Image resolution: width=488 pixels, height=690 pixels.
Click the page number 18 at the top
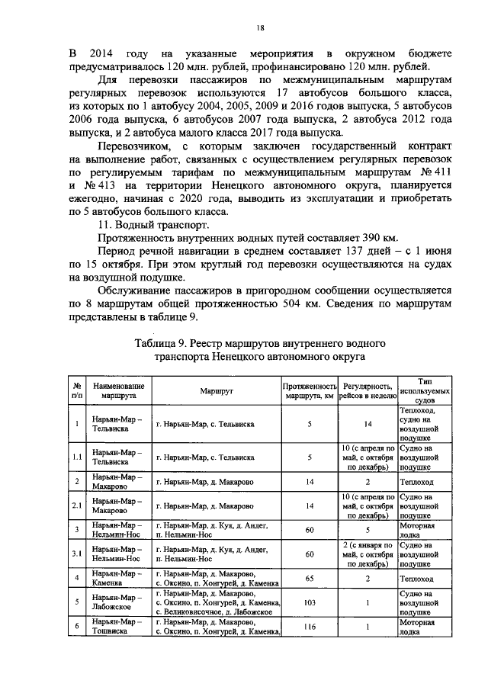click(x=260, y=28)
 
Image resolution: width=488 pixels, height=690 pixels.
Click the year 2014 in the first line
click(x=100, y=55)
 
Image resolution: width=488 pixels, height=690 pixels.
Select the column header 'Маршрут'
click(x=216, y=390)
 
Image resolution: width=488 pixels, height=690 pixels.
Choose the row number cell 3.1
click(x=77, y=554)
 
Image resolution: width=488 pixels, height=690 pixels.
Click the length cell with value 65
click(x=310, y=579)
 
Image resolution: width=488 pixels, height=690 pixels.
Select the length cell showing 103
click(x=310, y=602)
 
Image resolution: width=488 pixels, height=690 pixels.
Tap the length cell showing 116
click(x=310, y=627)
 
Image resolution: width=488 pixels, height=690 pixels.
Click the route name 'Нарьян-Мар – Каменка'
click(x=114, y=579)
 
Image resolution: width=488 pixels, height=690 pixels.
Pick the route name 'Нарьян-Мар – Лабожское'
click(x=115, y=602)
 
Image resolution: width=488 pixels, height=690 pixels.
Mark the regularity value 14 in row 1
click(x=367, y=423)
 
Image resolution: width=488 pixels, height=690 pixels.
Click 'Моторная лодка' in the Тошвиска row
click(x=418, y=627)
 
